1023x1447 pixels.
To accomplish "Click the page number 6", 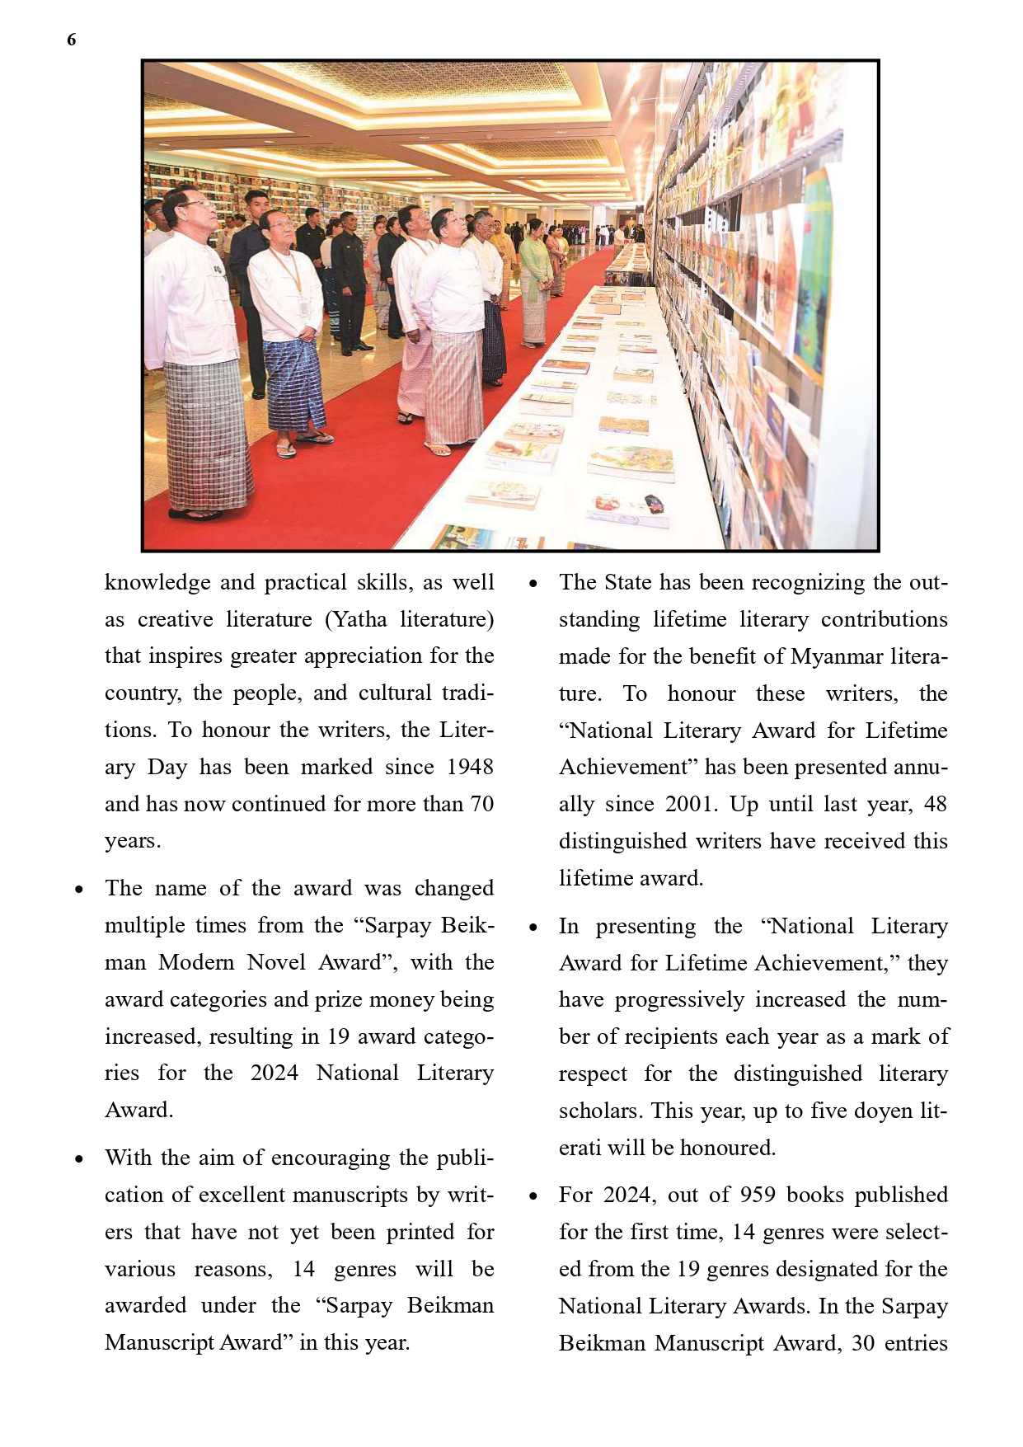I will click(72, 40).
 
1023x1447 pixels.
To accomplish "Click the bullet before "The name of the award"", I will click(79, 890).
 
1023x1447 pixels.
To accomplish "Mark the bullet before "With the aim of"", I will click(79, 1158).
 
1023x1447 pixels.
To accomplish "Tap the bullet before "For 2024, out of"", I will click(533, 1196).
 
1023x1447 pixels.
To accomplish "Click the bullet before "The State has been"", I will click(533, 584).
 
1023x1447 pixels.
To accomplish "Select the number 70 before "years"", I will click(481, 804).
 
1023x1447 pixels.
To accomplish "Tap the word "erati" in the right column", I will click(580, 1148).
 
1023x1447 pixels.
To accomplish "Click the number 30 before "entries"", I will click(863, 1343).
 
